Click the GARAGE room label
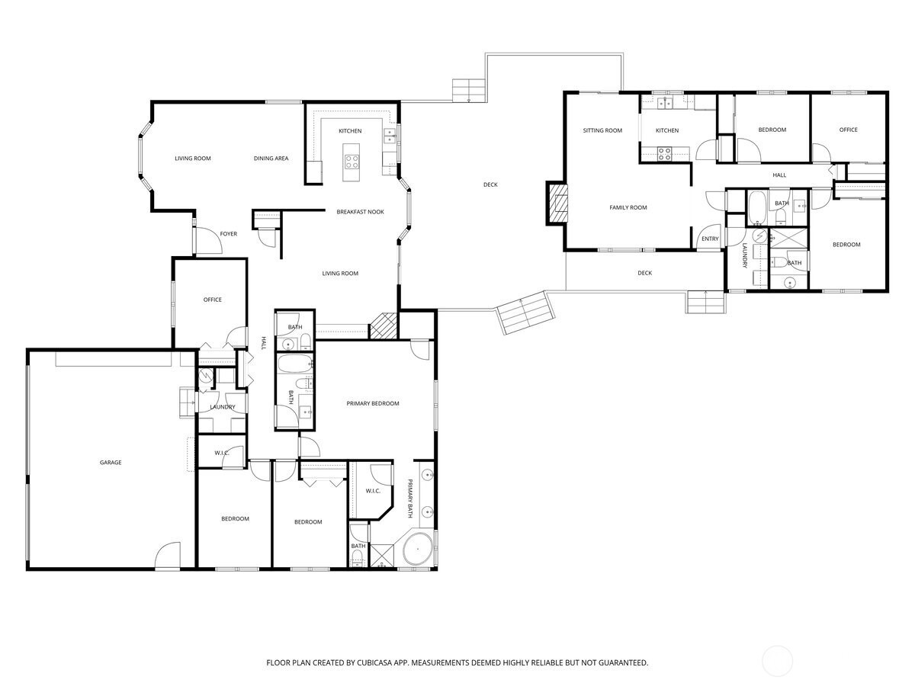[x=111, y=463]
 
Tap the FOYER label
[x=229, y=234]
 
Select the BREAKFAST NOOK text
[x=360, y=212]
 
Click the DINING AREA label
[x=271, y=159]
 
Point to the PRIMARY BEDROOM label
[x=373, y=403]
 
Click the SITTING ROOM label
[x=602, y=130]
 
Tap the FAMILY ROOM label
[x=628, y=207]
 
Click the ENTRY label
[x=710, y=239]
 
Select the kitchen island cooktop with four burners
[x=352, y=162]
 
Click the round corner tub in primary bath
[x=418, y=549]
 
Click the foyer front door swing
[x=209, y=241]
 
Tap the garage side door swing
[x=168, y=555]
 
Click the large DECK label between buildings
[x=490, y=184]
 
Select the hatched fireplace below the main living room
[x=382, y=326]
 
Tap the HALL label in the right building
[x=779, y=175]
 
